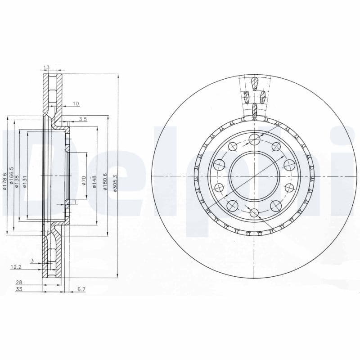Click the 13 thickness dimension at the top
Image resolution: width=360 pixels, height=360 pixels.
(46, 67)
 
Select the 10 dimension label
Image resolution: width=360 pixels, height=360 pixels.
(76, 104)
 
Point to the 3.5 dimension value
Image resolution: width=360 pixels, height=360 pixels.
(82, 119)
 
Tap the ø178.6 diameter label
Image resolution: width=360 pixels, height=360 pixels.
(4, 181)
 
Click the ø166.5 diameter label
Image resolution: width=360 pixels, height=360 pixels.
(12, 177)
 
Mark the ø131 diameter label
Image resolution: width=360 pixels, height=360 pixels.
(25, 181)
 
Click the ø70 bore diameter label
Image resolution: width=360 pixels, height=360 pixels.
(84, 181)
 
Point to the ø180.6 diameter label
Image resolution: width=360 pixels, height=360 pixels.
(105, 181)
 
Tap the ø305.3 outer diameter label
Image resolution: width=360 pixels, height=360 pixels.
(116, 183)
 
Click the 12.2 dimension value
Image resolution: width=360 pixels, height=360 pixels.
(16, 267)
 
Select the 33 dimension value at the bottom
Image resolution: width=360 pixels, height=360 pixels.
(19, 289)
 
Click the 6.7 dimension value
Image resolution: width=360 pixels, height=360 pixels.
(81, 289)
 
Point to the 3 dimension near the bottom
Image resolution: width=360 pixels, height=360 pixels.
(32, 261)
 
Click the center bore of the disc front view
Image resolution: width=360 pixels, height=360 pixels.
(254, 175)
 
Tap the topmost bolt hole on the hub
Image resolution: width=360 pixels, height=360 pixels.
(254, 139)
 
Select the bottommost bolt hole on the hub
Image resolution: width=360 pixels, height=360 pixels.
(254, 212)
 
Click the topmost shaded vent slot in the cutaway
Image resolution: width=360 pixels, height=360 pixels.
(254, 83)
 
